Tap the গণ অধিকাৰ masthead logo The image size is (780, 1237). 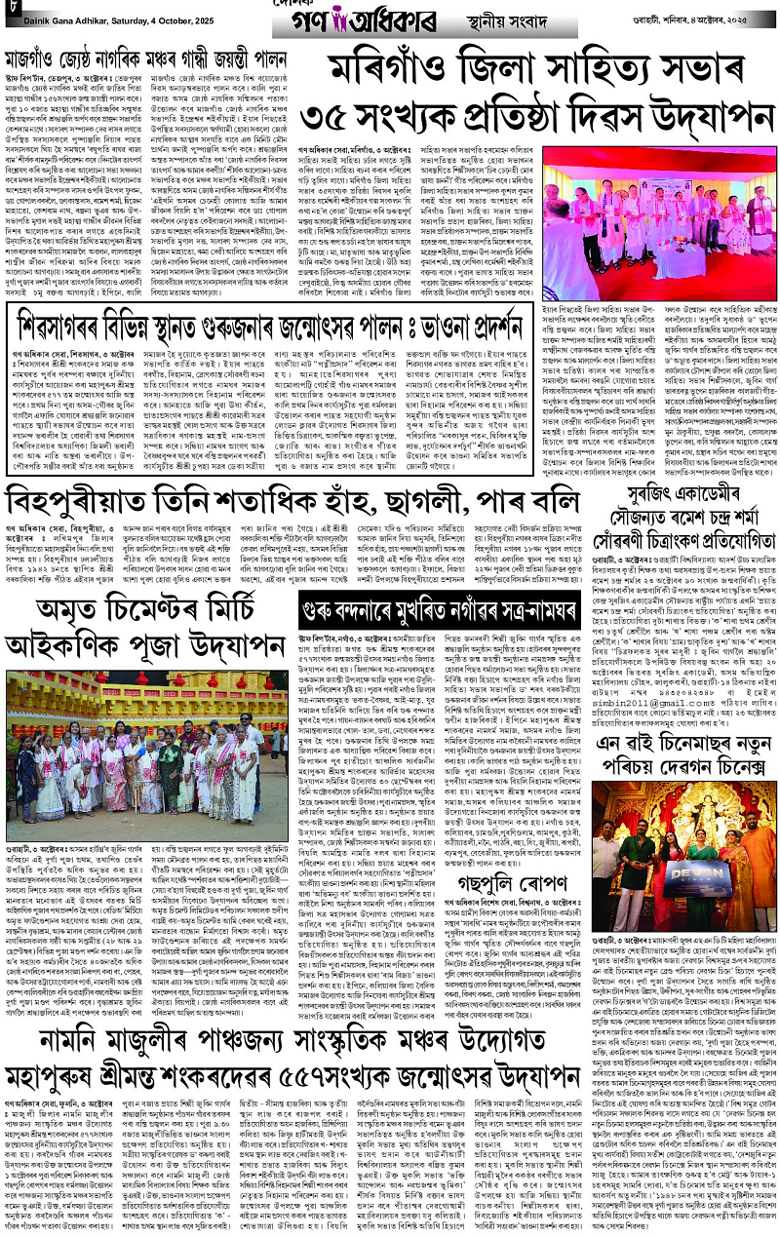[389, 19]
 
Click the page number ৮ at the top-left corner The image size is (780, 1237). [9, 14]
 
